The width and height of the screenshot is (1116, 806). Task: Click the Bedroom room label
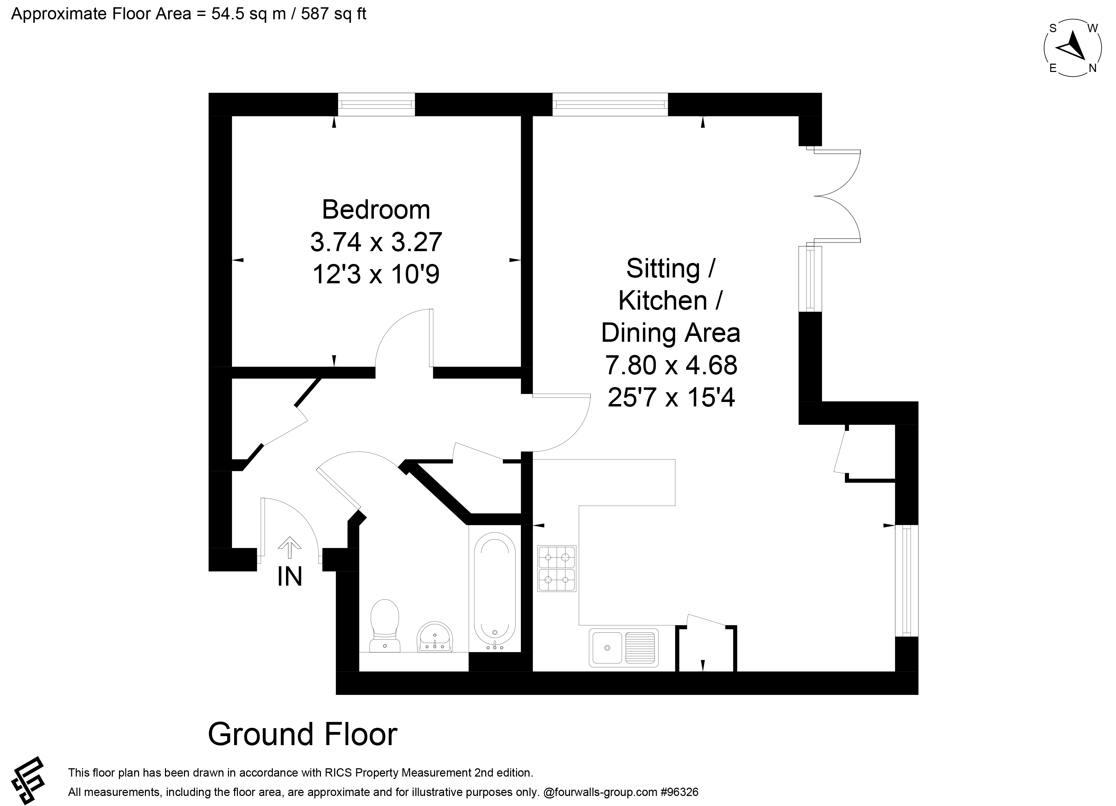[x=376, y=210]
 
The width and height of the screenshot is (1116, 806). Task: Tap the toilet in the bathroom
[x=385, y=625]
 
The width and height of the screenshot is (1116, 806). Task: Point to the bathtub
[x=495, y=592]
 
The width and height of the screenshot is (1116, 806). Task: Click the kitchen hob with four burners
[x=556, y=568]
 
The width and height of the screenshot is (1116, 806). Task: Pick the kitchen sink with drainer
[x=624, y=648]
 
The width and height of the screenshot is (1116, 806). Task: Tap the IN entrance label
[x=289, y=577]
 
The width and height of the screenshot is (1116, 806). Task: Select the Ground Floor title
[x=303, y=734]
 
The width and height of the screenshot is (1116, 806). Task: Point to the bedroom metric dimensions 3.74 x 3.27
[x=376, y=241]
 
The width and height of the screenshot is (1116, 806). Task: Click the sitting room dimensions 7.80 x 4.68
[x=671, y=365]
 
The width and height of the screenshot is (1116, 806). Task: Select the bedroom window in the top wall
[x=376, y=104]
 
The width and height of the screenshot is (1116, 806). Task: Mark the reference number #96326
[x=680, y=792]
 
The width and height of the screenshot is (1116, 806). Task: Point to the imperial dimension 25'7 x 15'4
[x=671, y=397]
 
